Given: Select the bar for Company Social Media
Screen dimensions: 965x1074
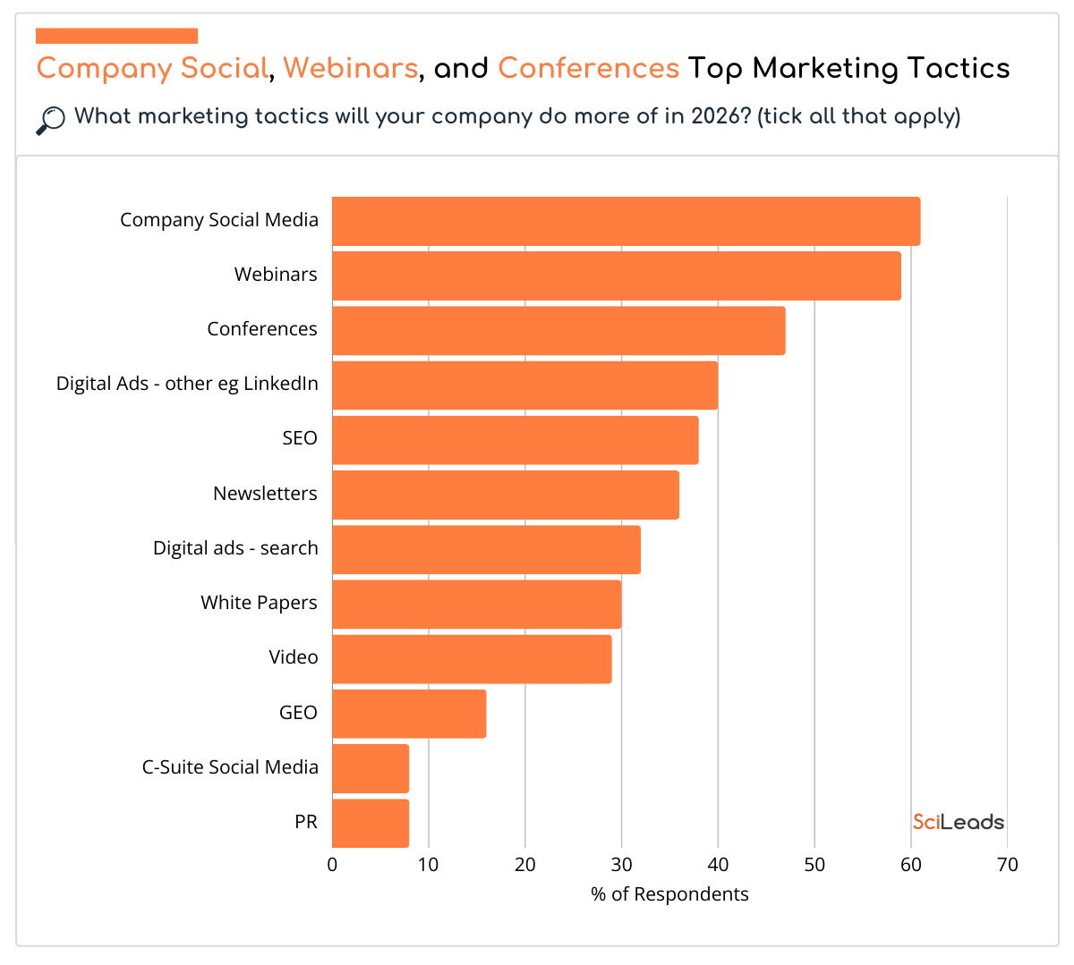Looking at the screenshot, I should pyautogui.click(x=626, y=221).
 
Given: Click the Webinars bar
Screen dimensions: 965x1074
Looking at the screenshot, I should pyautogui.click(x=616, y=275).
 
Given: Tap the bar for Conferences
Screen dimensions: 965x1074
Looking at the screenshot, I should pyautogui.click(x=558, y=330).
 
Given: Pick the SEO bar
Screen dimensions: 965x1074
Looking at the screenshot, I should pyautogui.click(x=515, y=439).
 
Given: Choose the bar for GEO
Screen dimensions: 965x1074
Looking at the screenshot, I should pyautogui.click(x=409, y=714).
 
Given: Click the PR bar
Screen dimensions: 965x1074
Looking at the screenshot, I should pyautogui.click(x=371, y=823).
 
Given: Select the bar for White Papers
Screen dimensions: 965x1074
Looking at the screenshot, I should pyautogui.click(x=476, y=604).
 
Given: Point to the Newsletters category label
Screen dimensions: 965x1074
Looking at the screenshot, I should pyautogui.click(x=265, y=494).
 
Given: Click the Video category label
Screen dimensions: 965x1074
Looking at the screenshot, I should pyautogui.click(x=294, y=657).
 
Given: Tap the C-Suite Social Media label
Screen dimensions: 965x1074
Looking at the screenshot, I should pyautogui.click(x=230, y=767).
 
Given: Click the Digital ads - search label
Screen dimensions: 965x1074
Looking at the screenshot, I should pyautogui.click(x=235, y=548).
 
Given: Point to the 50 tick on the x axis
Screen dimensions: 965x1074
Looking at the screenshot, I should pyautogui.click(x=814, y=865).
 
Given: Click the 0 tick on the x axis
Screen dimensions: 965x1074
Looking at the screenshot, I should pyautogui.click(x=333, y=865).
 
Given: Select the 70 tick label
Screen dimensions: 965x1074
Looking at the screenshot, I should pyautogui.click(x=1007, y=865).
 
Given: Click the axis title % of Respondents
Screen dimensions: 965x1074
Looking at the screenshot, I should pyautogui.click(x=669, y=894).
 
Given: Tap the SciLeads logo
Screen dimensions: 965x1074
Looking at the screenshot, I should pyautogui.click(x=959, y=822).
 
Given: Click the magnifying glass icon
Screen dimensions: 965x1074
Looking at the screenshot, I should pyautogui.click(x=51, y=120).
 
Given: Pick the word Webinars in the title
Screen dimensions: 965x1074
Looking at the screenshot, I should pyautogui.click(x=350, y=68).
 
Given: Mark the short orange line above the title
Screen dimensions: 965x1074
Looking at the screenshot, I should pyautogui.click(x=116, y=36).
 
